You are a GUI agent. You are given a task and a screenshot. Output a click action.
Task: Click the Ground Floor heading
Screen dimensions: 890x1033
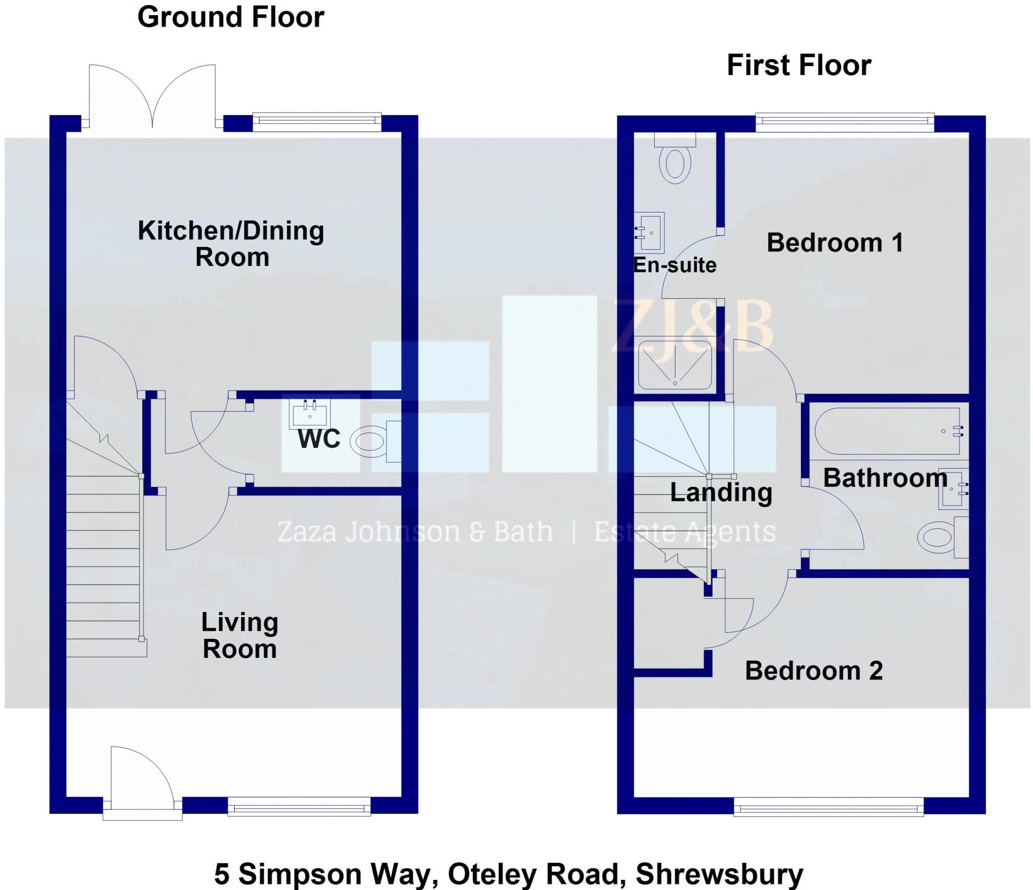pyautogui.click(x=231, y=17)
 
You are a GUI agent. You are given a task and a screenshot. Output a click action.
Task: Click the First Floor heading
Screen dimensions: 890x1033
pyautogui.click(x=798, y=66)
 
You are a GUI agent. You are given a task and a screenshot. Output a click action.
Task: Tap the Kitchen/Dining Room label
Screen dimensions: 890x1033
pyautogui.click(x=231, y=244)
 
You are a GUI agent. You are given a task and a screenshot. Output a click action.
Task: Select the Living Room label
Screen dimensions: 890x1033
pyautogui.click(x=240, y=635)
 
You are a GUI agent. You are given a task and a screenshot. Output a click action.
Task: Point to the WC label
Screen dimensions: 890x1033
pyautogui.click(x=319, y=438)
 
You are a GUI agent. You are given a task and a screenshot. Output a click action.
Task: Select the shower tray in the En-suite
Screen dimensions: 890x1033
pyautogui.click(x=675, y=365)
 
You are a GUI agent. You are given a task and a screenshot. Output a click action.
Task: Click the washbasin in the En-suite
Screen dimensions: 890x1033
pyautogui.click(x=650, y=233)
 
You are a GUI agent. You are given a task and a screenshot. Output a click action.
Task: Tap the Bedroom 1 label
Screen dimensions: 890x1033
pyautogui.click(x=835, y=243)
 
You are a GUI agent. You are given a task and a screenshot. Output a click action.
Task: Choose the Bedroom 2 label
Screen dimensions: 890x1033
pyautogui.click(x=814, y=671)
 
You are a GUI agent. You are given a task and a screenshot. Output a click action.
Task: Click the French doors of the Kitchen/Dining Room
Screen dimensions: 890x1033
pyautogui.click(x=152, y=98)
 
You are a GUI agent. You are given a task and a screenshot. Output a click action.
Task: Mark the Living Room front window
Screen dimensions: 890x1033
pyautogui.click(x=299, y=808)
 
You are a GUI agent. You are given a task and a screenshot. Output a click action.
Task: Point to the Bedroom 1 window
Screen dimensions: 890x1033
pyautogui.click(x=844, y=121)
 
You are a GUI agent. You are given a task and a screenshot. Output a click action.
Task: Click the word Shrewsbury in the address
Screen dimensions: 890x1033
pyautogui.click(x=719, y=873)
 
